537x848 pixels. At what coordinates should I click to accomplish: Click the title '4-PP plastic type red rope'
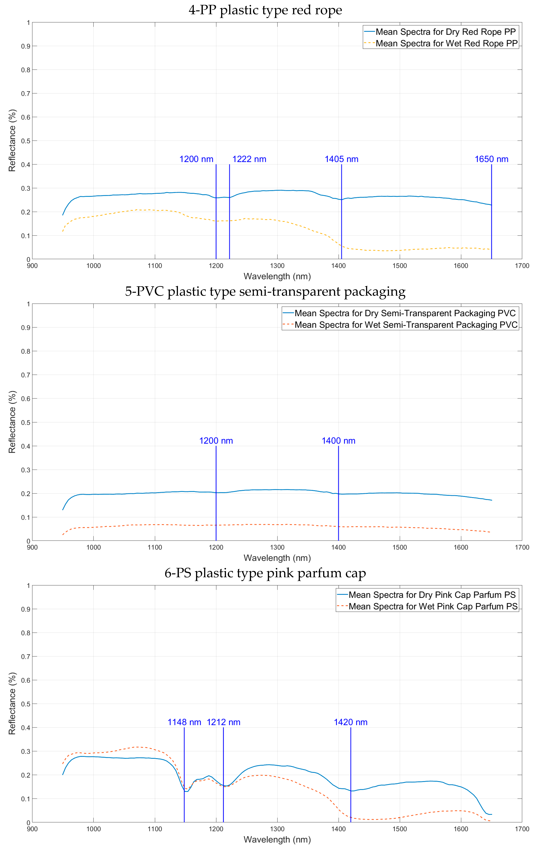(x=265, y=10)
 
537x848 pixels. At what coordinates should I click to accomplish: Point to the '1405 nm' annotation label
(x=341, y=159)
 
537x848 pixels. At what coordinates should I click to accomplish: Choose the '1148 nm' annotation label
(x=184, y=722)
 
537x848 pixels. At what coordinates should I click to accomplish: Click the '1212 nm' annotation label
(x=223, y=722)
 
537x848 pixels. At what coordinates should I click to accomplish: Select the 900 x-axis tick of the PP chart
(x=32, y=266)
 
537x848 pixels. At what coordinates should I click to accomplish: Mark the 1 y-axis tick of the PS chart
(x=28, y=586)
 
